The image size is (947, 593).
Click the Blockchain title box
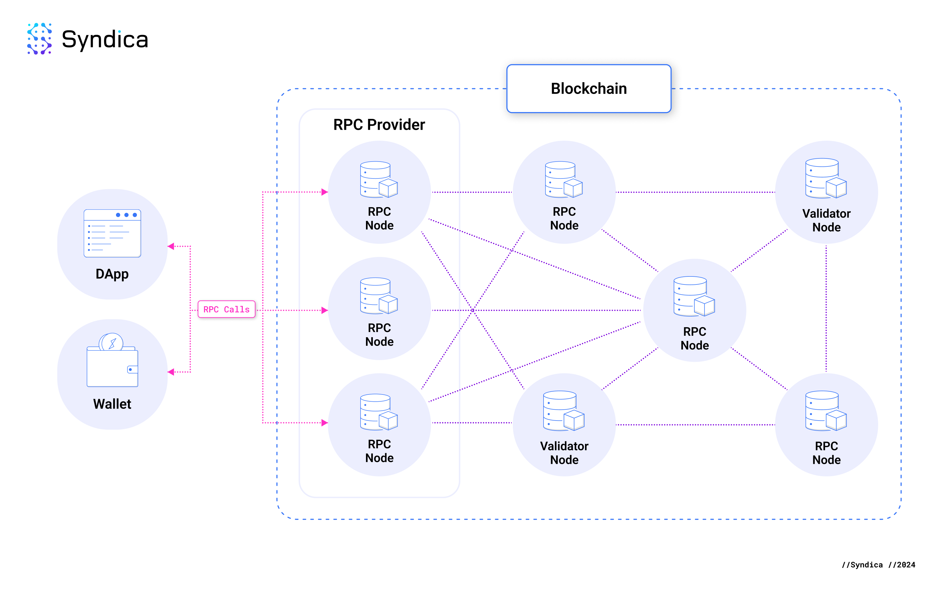[x=588, y=89]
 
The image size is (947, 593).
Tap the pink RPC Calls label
[x=226, y=309]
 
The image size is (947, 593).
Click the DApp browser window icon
[x=112, y=233]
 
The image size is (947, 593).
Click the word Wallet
[x=112, y=404]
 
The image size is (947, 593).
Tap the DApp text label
[x=112, y=274]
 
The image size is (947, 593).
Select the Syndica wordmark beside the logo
[x=105, y=40]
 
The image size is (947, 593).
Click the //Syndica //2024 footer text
[x=878, y=565]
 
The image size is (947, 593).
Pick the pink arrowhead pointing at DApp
[x=171, y=246]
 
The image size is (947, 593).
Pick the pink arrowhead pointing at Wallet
[x=171, y=372]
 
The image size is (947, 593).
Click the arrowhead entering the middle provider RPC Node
[x=324, y=310]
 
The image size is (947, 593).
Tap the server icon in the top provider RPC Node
[x=379, y=180]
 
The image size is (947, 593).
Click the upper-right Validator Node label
[x=826, y=220]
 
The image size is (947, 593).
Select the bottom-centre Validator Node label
[x=564, y=453]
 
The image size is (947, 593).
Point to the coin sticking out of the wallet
[x=111, y=342]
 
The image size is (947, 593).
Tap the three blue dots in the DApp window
[x=126, y=215]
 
